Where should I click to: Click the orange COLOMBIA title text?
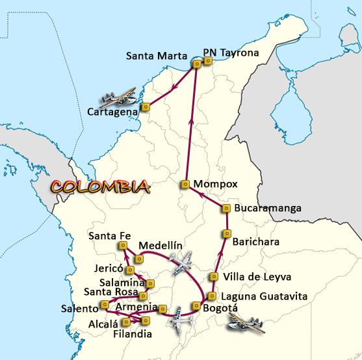(x=100, y=186)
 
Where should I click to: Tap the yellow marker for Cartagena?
(x=146, y=107)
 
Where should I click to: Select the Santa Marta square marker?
(x=197, y=64)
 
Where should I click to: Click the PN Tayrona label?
(x=231, y=53)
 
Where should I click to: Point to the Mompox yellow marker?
(x=185, y=184)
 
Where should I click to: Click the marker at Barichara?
(x=227, y=233)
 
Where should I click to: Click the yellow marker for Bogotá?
(x=196, y=306)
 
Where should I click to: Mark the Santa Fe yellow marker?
(x=122, y=245)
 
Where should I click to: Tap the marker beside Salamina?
(x=151, y=283)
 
